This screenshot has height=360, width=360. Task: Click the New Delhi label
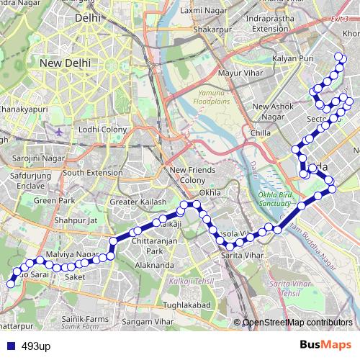[x=65, y=63]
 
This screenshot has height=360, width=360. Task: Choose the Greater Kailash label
[x=138, y=202]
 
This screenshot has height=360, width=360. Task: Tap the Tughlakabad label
[x=186, y=305]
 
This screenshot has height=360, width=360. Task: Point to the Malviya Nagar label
[x=71, y=255]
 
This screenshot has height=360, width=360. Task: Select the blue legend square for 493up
[x=9, y=346]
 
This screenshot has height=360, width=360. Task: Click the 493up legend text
[x=36, y=346]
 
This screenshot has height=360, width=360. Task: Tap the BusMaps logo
[x=325, y=346]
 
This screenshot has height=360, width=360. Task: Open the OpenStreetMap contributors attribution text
[x=297, y=323]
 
